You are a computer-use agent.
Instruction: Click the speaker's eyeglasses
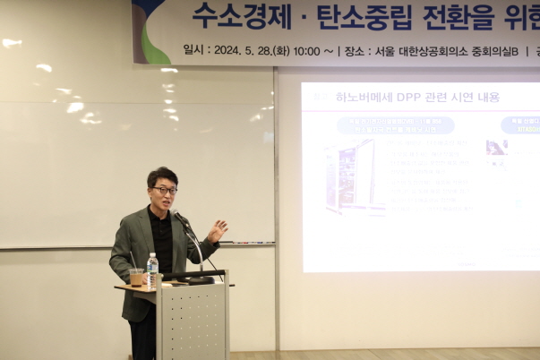(x=164, y=190)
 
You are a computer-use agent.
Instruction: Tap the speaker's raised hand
(x=218, y=230)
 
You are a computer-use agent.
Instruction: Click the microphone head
(x=176, y=215)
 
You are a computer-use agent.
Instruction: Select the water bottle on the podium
(x=152, y=270)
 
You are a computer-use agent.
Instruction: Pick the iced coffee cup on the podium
(x=136, y=277)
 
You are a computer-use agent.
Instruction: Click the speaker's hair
(x=162, y=175)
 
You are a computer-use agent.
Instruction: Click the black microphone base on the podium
(x=199, y=280)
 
